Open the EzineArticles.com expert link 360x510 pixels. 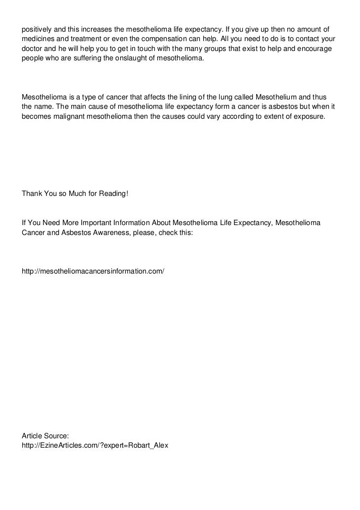(x=95, y=445)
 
